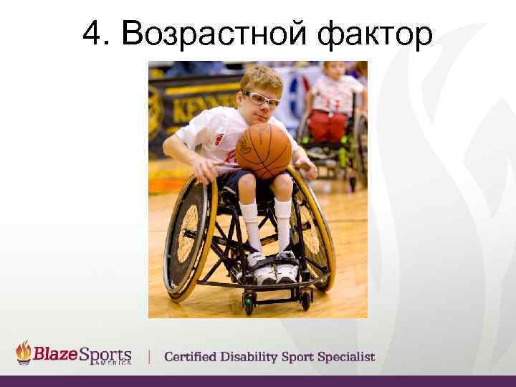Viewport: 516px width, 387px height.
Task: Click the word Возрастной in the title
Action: pos(213,33)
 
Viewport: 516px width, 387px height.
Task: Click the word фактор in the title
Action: pos(373,33)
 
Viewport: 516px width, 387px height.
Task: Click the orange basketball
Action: pos(263,150)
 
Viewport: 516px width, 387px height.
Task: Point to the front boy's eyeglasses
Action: pos(261,100)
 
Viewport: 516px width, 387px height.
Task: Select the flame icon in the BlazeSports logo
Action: pos(24,353)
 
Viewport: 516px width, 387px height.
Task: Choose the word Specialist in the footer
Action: pos(346,357)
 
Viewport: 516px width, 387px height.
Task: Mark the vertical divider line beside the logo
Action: pos(149,356)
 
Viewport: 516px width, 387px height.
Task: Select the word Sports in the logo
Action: pos(105,355)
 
